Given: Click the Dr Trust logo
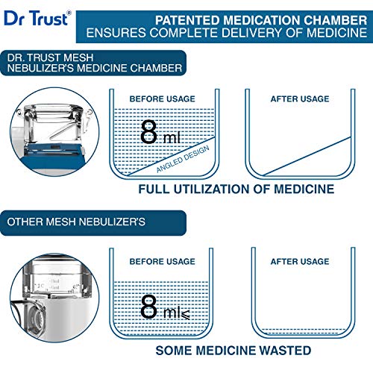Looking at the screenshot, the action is (37, 18).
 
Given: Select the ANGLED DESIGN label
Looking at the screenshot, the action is (183, 159).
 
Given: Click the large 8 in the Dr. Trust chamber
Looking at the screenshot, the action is (148, 132).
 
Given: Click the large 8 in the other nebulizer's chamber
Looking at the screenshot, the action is (148, 307).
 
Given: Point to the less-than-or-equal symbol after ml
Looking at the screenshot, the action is (185, 314).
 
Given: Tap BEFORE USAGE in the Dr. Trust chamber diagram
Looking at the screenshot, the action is (162, 98).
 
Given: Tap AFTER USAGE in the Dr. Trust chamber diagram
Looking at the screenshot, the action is (300, 98).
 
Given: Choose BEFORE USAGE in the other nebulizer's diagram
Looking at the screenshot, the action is (162, 261).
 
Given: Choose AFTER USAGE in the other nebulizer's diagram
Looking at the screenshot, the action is (300, 261).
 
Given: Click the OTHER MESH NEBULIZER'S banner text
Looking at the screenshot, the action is (76, 222).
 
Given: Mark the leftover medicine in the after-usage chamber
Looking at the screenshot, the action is (304, 331).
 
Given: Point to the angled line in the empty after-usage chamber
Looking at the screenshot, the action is (307, 156).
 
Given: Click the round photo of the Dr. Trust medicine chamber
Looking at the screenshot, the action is (54, 132).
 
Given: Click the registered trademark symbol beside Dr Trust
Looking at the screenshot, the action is (69, 12).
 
